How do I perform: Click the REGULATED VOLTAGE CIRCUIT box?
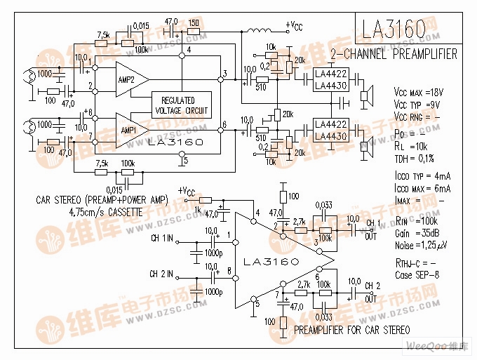181,105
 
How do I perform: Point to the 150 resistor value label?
193,22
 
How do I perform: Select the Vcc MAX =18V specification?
419,92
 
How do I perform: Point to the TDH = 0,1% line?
417,158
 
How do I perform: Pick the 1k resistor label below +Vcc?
198,209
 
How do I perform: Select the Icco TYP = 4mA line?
422,175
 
